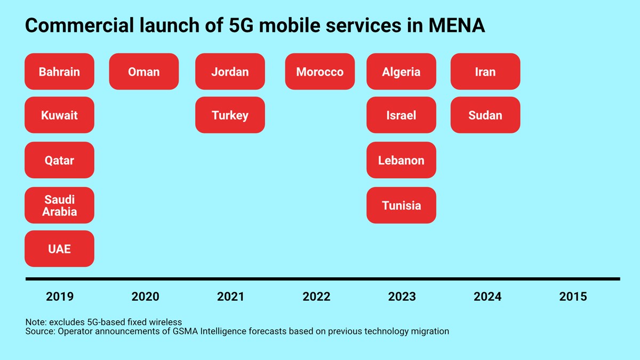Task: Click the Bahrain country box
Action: click(59, 71)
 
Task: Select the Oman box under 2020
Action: click(143, 71)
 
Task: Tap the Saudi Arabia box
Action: click(59, 205)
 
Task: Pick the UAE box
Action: click(59, 249)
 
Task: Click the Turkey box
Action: click(230, 115)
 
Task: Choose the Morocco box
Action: click(319, 71)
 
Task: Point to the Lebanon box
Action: click(401, 160)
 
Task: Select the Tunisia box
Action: click(401, 205)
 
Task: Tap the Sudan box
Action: click(485, 115)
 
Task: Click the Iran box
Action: click(485, 71)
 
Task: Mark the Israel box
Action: click(401, 115)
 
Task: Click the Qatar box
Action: click(59, 160)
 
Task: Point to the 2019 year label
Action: click(60, 297)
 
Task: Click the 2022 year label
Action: click(316, 297)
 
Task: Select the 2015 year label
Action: click(573, 297)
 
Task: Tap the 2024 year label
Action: click(487, 297)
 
